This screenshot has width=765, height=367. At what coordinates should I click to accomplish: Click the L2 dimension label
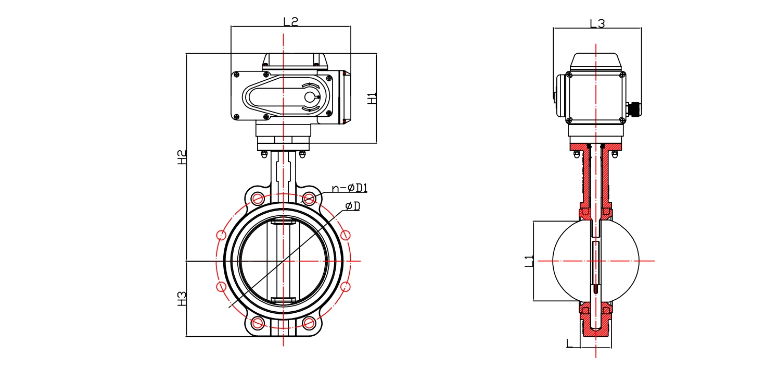click(x=290, y=21)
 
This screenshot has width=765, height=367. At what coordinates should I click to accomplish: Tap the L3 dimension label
click(x=597, y=23)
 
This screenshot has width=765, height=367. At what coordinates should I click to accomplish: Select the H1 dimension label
click(x=372, y=98)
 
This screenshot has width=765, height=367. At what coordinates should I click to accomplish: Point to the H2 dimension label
click(x=181, y=157)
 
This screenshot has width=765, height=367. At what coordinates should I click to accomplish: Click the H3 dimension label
click(x=181, y=299)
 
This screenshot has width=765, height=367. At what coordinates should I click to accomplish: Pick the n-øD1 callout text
click(x=353, y=188)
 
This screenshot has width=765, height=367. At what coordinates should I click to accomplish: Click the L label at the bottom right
click(x=571, y=343)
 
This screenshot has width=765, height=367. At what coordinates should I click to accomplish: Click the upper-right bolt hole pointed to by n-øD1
click(x=309, y=199)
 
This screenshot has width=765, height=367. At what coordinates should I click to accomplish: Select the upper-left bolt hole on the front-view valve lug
click(x=257, y=199)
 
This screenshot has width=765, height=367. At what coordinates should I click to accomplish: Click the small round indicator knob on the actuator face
click(x=310, y=97)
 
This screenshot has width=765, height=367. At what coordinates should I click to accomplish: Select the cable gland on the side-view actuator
click(x=635, y=109)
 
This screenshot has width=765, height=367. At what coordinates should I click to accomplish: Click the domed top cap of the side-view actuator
click(x=596, y=62)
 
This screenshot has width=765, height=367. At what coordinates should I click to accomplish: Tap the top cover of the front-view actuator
click(x=295, y=62)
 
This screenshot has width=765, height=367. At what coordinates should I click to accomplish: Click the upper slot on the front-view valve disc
click(x=283, y=223)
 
